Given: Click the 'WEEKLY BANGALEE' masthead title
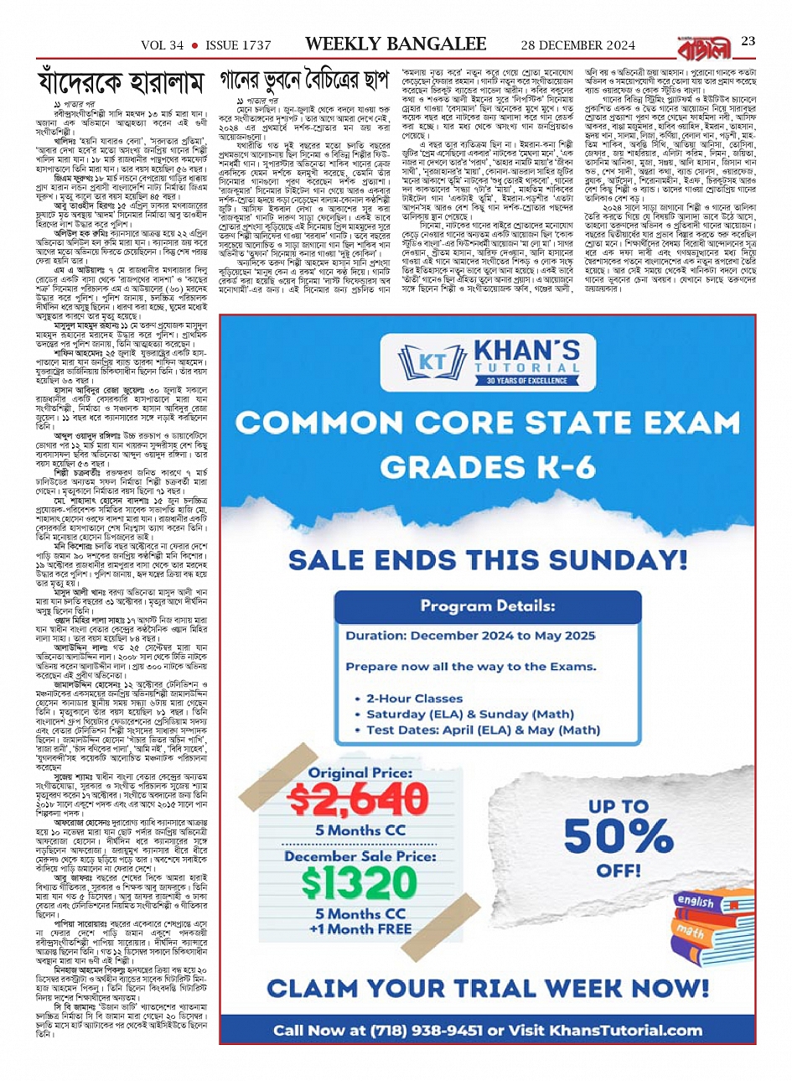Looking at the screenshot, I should coord(396,44).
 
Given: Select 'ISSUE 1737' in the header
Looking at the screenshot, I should coord(238,45).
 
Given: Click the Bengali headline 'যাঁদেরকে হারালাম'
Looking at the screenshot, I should coord(122,83).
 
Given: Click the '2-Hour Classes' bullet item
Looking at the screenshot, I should coord(414,698).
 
